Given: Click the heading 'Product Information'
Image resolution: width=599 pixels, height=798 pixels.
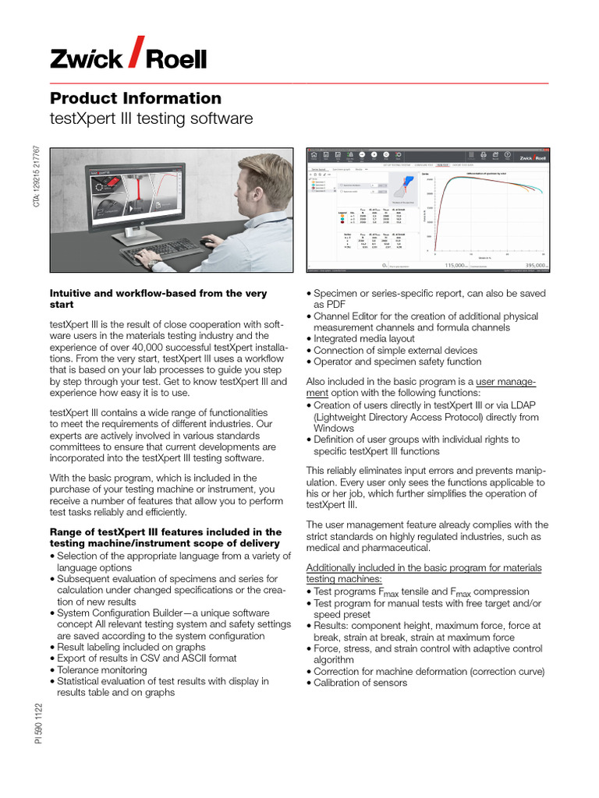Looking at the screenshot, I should click(136, 98).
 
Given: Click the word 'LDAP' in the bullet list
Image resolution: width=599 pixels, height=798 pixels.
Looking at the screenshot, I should click(530, 406).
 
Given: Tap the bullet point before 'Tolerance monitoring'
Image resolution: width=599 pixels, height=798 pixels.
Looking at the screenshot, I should click(52, 669).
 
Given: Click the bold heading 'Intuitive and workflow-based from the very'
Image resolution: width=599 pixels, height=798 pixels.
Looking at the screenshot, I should click(158, 294).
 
